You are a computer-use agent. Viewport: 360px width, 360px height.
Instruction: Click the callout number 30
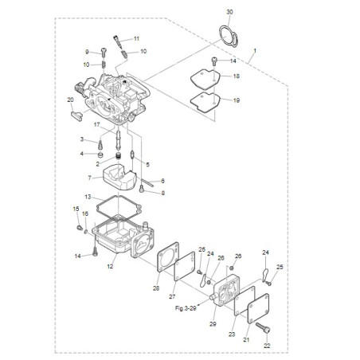click(229, 12)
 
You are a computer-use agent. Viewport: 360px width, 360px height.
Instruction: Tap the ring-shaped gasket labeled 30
click(221, 33)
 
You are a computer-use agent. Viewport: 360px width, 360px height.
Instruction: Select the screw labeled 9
click(104, 52)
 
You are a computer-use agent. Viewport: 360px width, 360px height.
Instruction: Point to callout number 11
click(136, 38)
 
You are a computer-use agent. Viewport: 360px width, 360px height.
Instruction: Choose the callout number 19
click(237, 100)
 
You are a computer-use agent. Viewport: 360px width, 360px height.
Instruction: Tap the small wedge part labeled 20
click(76, 115)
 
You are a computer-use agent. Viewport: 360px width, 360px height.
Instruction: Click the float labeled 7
click(119, 177)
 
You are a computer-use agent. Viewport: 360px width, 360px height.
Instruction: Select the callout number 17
click(97, 124)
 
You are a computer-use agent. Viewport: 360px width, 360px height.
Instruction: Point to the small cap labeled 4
click(100, 155)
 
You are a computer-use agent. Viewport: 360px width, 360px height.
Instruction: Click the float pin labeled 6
click(147, 182)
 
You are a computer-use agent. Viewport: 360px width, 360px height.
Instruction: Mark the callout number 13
click(88, 197)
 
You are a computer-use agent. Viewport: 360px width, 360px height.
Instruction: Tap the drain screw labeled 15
click(79, 227)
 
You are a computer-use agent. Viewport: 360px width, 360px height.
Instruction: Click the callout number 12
click(110, 266)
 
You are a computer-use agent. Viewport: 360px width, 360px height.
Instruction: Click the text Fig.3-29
click(186, 308)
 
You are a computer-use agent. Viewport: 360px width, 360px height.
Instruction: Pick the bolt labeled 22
click(263, 327)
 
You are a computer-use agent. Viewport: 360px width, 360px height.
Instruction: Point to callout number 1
click(255, 50)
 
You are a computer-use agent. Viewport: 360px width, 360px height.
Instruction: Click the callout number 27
click(172, 296)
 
